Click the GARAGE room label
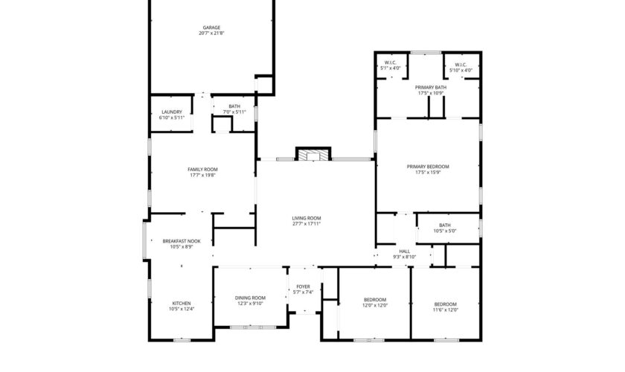[x=211, y=28]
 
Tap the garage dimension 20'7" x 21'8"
[x=211, y=33]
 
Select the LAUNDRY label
[x=172, y=112]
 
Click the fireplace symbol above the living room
[x=313, y=154]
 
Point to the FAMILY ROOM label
[x=203, y=170]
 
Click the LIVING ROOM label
[x=307, y=218]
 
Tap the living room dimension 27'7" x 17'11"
[x=307, y=224]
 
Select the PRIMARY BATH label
[x=431, y=87]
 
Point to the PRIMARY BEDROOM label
[x=428, y=167]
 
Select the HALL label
[x=405, y=251]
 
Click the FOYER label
[x=304, y=286]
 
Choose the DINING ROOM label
[x=250, y=298]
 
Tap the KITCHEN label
[x=182, y=304]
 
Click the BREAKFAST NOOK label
[x=182, y=241]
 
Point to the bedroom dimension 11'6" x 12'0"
[x=446, y=310]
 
